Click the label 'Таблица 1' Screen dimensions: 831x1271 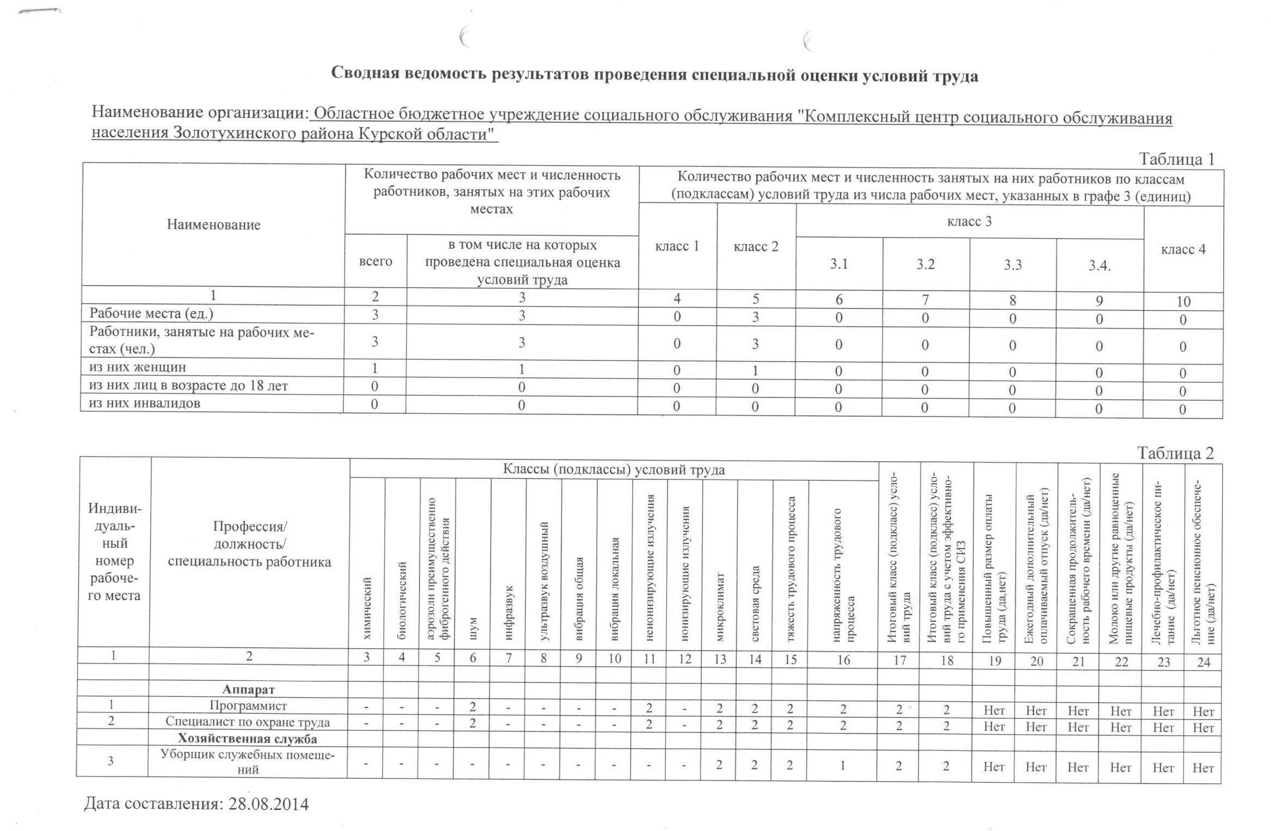pos(1176,159)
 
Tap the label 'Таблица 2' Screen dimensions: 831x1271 pos(1175,453)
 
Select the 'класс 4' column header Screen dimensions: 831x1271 pos(1183,250)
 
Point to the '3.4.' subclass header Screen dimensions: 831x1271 pos(1099,265)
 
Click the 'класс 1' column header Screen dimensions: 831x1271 pos(677,246)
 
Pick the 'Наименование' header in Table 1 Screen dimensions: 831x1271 pos(213,225)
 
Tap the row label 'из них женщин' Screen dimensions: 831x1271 pos(138,367)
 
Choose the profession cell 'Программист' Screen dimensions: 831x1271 pos(248,706)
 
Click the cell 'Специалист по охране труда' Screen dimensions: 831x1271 pos(248,722)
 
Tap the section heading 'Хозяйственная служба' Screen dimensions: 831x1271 pos(248,739)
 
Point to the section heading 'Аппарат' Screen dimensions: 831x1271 pos(249,690)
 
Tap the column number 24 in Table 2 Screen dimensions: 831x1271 pos(1204,662)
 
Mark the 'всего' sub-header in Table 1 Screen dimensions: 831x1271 pos(375,261)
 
